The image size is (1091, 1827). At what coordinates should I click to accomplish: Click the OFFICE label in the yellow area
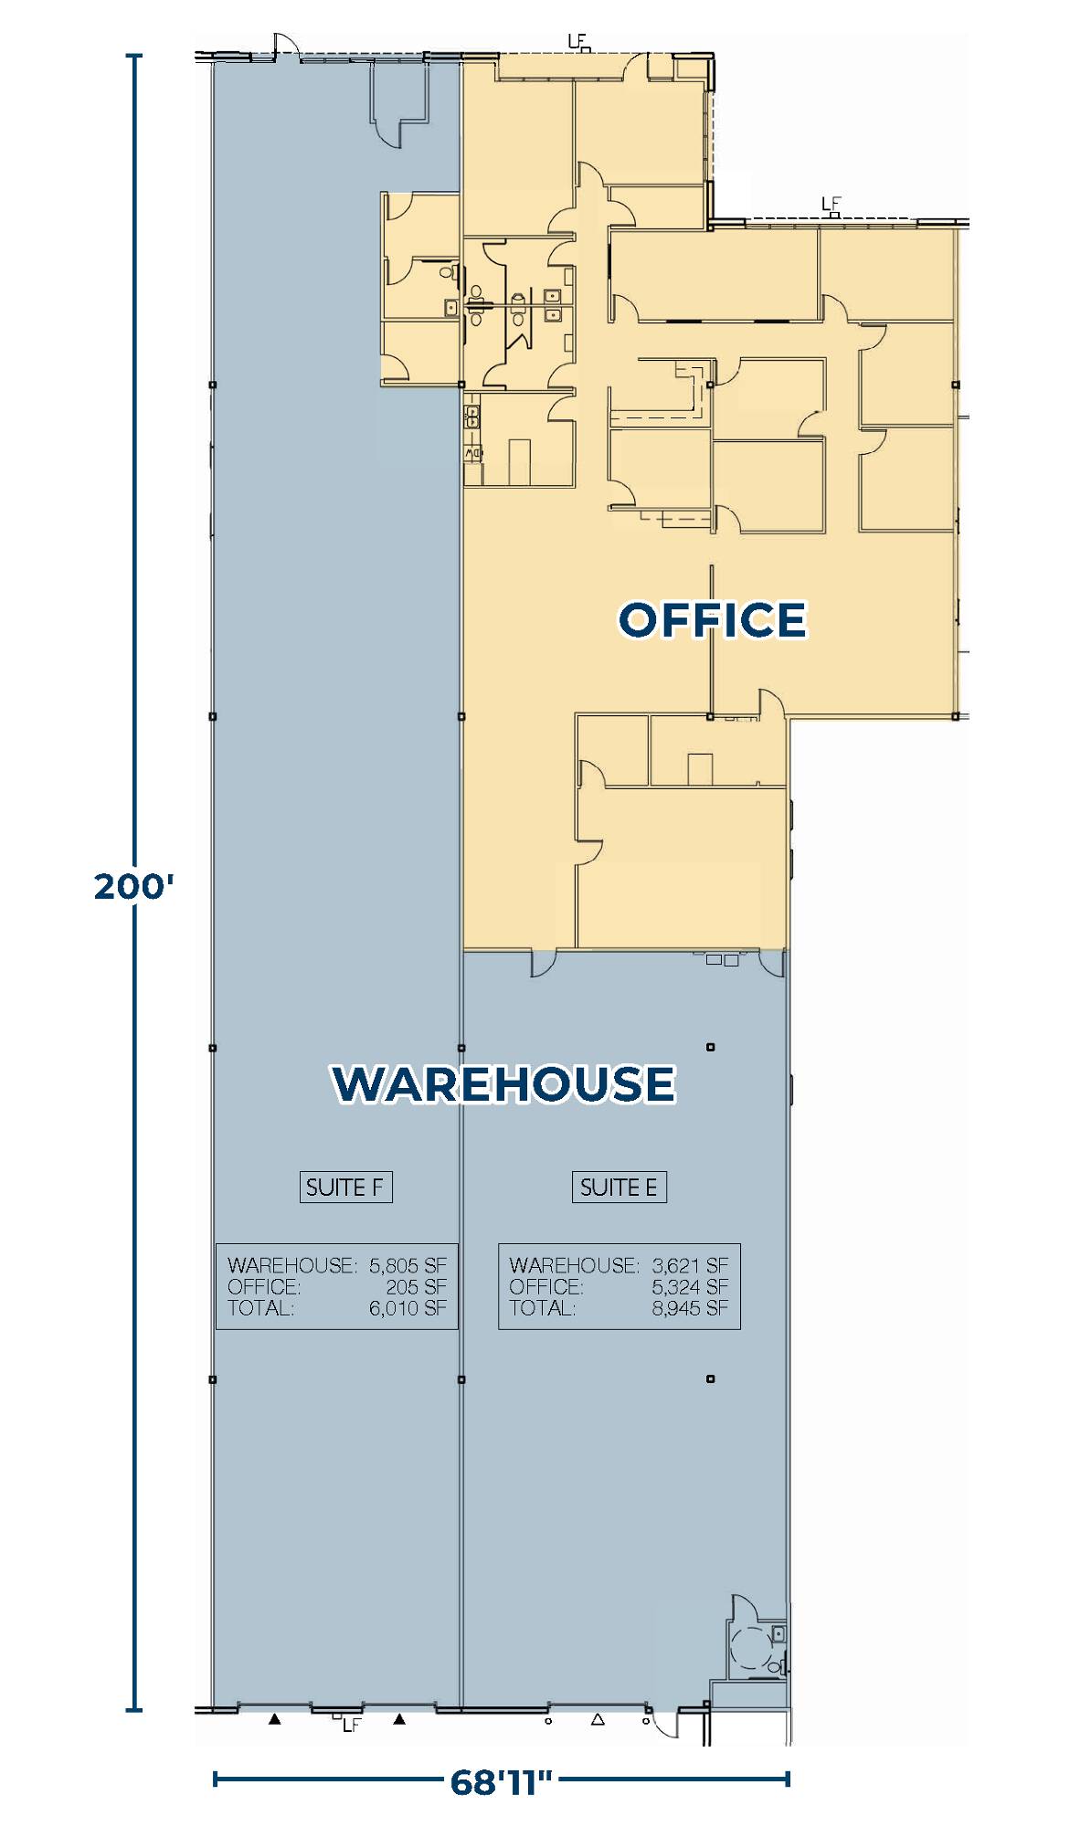[x=713, y=619]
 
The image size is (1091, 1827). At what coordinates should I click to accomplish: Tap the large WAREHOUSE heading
[x=503, y=1083]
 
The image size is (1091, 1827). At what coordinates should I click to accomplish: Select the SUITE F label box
[x=345, y=1187]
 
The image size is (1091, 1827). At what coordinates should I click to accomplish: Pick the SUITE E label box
[x=619, y=1187]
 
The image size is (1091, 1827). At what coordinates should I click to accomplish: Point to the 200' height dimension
[x=133, y=886]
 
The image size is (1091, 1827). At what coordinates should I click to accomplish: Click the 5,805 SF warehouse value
[x=408, y=1265]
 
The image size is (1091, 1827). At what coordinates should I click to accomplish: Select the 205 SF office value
[x=416, y=1286]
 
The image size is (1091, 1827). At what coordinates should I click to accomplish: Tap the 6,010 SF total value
[x=408, y=1308]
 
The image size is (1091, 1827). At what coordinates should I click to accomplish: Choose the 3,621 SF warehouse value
[x=690, y=1265]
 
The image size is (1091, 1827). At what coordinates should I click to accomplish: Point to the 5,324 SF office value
[x=690, y=1286]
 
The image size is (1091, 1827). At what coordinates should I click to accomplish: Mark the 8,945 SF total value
[x=690, y=1308]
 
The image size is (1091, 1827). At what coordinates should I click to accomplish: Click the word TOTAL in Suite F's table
[x=260, y=1308]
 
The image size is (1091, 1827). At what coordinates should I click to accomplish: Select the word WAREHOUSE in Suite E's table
[x=574, y=1265]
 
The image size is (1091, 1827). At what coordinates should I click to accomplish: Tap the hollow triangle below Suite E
[x=598, y=1719]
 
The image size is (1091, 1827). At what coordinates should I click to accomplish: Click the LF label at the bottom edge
[x=352, y=1726]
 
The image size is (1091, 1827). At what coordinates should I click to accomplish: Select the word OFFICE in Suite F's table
[x=264, y=1286]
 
